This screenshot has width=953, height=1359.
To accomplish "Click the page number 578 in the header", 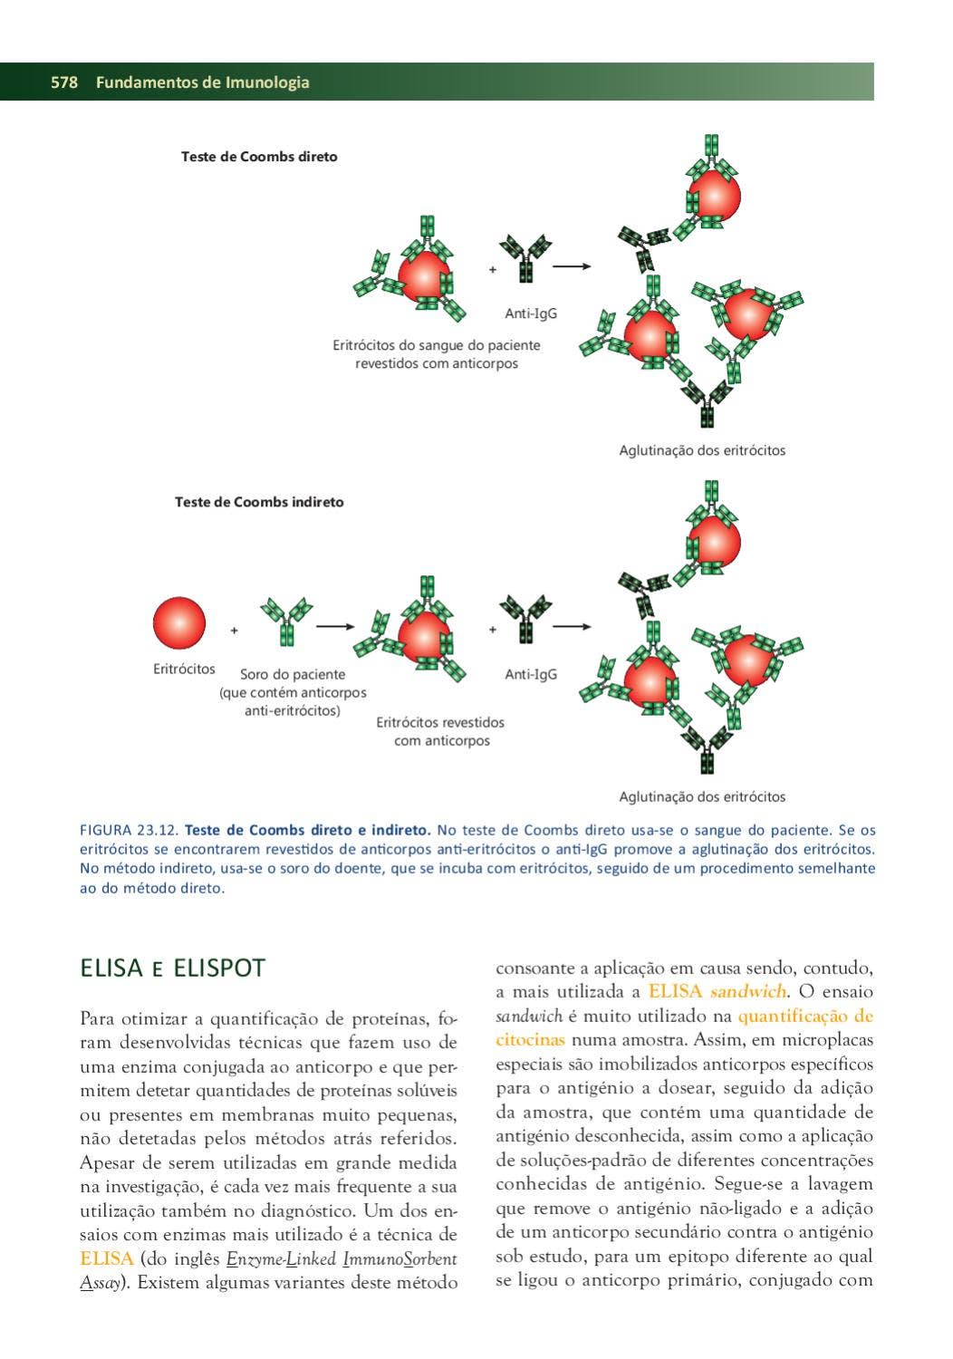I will point(64,82).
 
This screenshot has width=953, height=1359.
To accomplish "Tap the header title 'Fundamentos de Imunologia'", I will point(202,82).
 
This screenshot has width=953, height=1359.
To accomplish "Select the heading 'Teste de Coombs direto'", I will point(259,157).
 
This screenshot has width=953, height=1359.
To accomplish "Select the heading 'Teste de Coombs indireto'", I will point(259,502).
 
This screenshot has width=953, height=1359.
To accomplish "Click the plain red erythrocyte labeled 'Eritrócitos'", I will point(179,623).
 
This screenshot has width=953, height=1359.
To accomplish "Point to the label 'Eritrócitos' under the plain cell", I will point(184,670).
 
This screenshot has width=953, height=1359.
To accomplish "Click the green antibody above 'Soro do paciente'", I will point(286,619).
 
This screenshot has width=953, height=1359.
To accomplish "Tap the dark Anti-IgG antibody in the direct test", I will point(525,257).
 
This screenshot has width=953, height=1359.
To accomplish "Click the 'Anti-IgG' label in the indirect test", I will point(531,674).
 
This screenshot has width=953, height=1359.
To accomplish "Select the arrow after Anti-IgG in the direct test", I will point(572,266).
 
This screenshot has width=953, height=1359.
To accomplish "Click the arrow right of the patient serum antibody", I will point(334,626).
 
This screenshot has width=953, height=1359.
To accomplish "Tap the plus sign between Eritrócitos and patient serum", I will point(234,631).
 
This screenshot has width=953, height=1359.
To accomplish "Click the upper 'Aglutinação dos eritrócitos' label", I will point(702,450).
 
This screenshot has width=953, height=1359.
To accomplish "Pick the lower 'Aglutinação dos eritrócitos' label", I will point(702,797).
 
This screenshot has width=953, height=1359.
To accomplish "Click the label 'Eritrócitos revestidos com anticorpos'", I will point(440,732).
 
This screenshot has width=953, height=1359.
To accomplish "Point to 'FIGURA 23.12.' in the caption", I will point(130,830).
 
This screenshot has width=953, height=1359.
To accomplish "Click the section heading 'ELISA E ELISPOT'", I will point(172,969).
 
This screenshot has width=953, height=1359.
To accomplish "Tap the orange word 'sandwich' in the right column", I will point(747,992).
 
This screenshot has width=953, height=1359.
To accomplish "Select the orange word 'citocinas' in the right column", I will point(530,1040).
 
